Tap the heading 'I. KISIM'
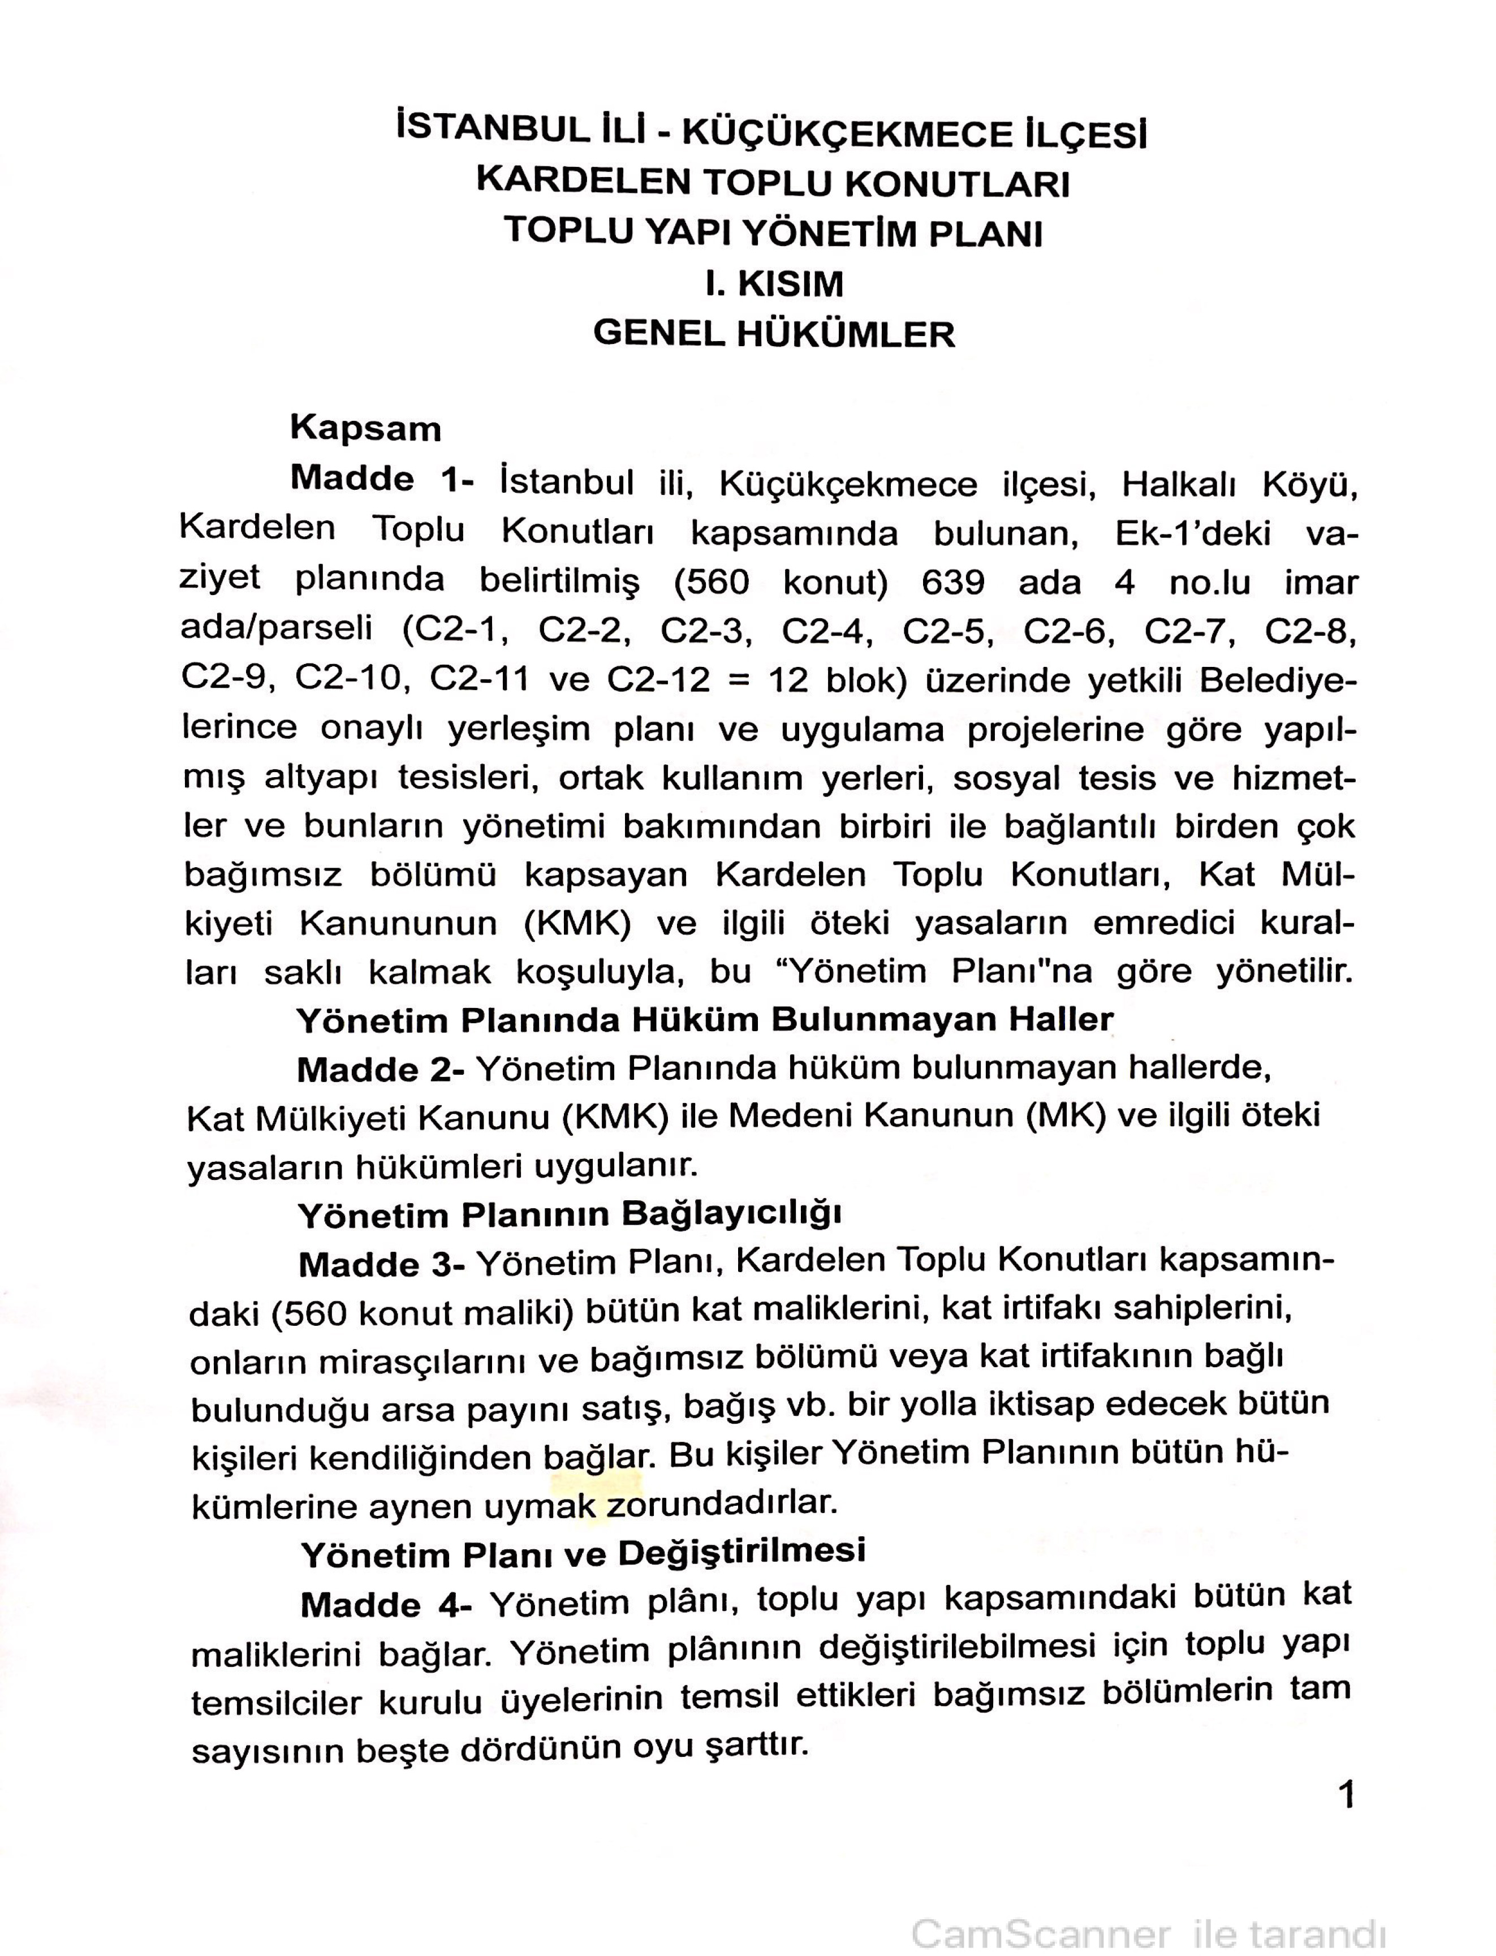[x=773, y=284]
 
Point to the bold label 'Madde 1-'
[x=382, y=480]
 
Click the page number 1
[x=1346, y=1795]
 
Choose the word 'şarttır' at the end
[x=756, y=1746]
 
